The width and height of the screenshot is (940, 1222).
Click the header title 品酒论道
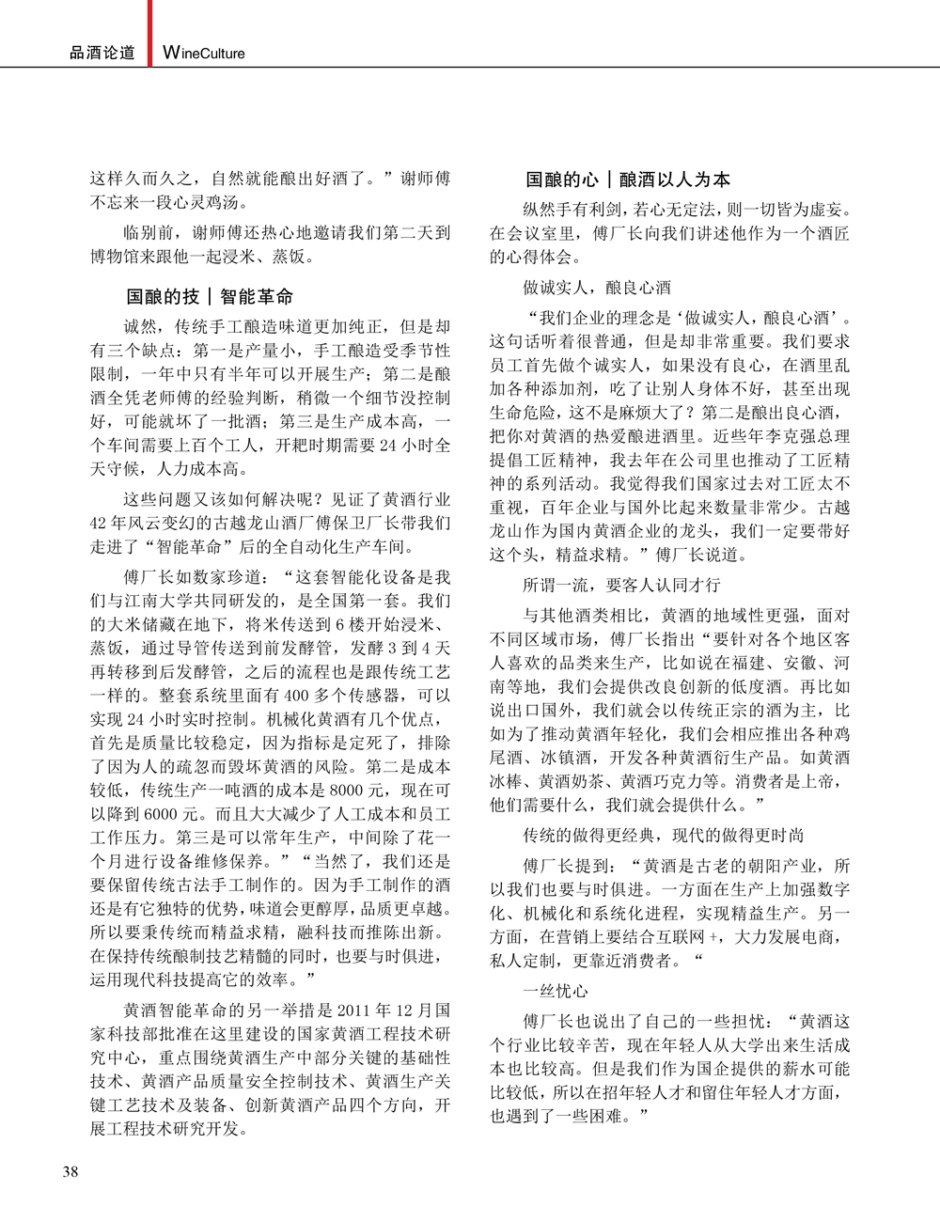pos(102,54)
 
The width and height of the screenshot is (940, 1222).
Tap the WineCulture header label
pos(204,54)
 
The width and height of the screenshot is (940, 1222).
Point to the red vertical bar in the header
pos(150,33)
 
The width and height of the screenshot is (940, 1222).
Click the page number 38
pos(70,1171)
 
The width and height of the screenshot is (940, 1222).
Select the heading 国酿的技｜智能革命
pos(210,297)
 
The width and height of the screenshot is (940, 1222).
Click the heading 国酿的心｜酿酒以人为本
pos(628,180)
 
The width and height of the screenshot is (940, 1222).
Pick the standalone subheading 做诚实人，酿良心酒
pos(597,287)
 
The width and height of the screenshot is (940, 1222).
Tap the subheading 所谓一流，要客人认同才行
pos(621,585)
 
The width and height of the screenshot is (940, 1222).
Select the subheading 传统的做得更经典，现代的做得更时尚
pos(664,835)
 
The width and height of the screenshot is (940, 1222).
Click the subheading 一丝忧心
pos(556,991)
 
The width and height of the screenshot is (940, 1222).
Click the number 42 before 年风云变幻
pos(101,523)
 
